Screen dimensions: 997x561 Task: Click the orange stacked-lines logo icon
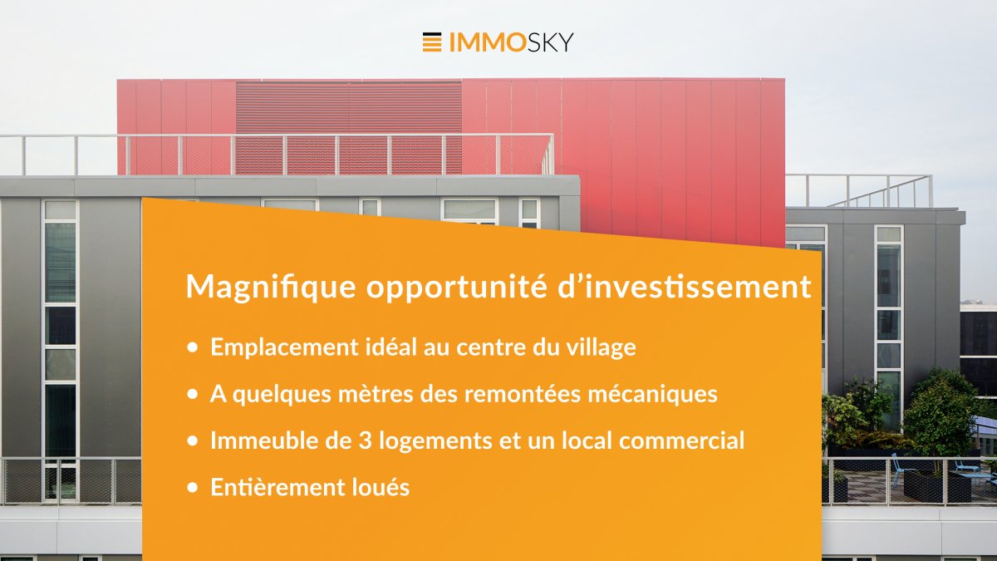432,42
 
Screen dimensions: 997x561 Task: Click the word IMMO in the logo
485,42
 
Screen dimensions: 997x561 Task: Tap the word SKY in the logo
548,42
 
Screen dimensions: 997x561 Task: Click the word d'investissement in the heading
685,286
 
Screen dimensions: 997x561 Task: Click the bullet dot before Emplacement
192,347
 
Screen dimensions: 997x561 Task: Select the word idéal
391,347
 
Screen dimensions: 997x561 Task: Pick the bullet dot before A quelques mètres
192,394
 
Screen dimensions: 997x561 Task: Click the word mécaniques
652,394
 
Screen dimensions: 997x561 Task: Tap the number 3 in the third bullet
365,440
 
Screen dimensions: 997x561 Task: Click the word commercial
681,440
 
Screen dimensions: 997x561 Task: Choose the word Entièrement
277,487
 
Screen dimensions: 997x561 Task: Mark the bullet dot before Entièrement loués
192,488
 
